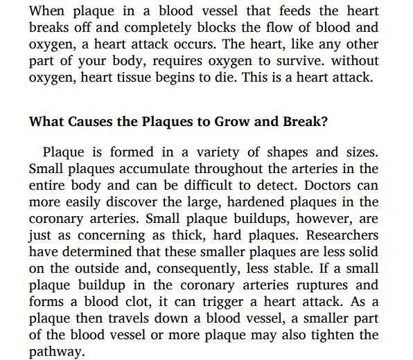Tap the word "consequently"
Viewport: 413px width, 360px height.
click(173, 269)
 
